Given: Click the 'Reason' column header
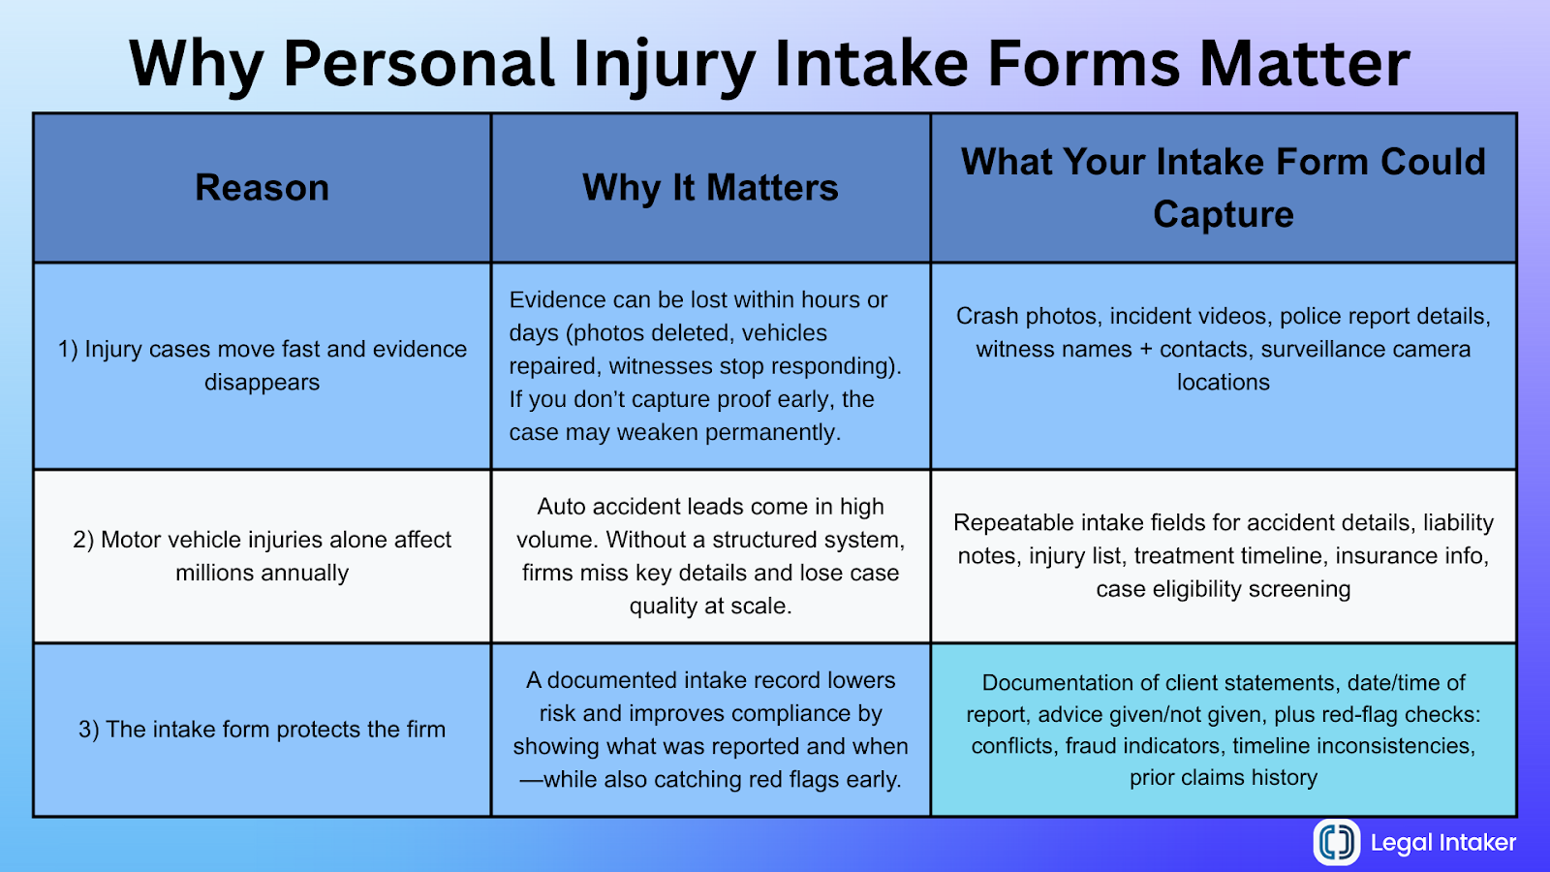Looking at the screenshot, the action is pyautogui.click(x=262, y=188).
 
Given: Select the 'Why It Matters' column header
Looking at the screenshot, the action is pyautogui.click(x=710, y=188).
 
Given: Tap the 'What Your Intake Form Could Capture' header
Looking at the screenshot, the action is pyautogui.click(x=1223, y=188).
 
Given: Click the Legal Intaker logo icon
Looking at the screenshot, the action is pyautogui.click(x=1337, y=841).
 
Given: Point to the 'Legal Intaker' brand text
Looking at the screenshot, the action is pyautogui.click(x=1442, y=843).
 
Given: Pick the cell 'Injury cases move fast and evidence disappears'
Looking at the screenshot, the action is pyautogui.click(x=262, y=365).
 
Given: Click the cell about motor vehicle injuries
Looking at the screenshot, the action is pyautogui.click(x=262, y=556).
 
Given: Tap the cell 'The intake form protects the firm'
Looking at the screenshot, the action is pyautogui.click(x=262, y=730).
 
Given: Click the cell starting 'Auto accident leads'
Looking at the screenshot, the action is pyautogui.click(x=710, y=556).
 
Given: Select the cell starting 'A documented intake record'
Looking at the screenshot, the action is pyautogui.click(x=710, y=730).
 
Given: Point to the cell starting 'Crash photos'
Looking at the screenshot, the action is pyautogui.click(x=1223, y=349).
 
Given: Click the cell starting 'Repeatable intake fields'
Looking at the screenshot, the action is pyautogui.click(x=1223, y=556).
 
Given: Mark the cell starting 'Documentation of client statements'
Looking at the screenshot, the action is pyautogui.click(x=1223, y=730).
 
